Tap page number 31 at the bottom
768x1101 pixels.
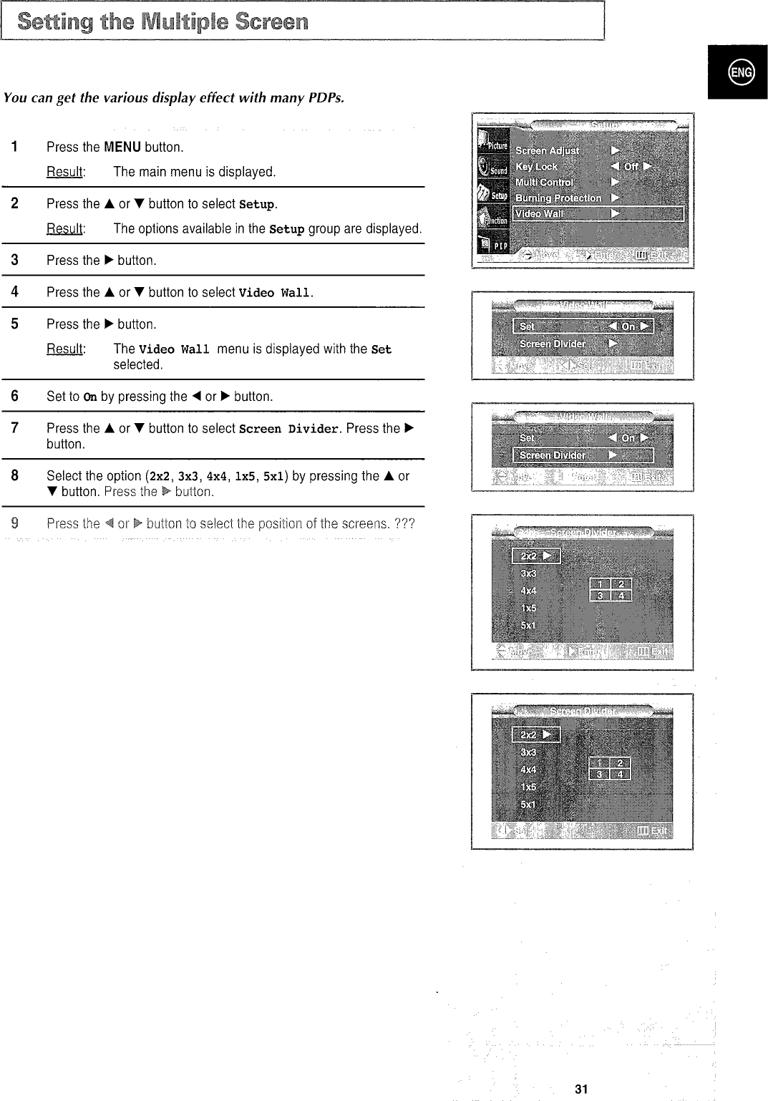point(580,1089)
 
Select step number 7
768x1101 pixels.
point(14,428)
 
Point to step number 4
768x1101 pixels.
point(14,292)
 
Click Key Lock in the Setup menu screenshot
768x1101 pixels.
point(537,167)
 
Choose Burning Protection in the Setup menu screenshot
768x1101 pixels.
point(558,198)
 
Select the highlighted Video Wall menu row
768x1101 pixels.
point(598,214)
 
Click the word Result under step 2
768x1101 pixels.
point(65,229)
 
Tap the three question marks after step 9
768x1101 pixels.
point(405,523)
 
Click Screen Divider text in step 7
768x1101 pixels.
point(289,429)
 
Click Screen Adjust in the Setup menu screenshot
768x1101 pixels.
point(548,151)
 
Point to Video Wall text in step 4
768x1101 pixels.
point(275,293)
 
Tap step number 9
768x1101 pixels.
point(14,523)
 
